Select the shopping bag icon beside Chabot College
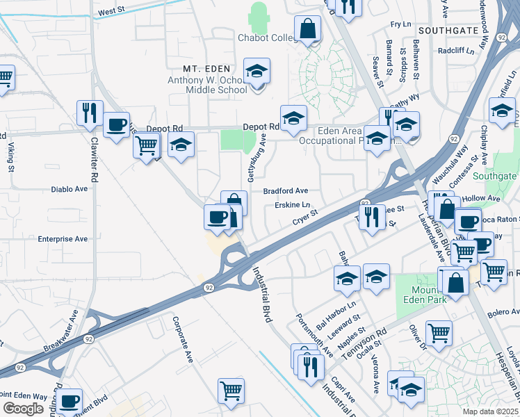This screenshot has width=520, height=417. [x=307, y=30]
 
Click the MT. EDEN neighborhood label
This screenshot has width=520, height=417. [x=206, y=69]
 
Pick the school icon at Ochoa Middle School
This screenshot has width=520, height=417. [x=257, y=71]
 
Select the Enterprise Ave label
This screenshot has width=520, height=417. [x=63, y=238]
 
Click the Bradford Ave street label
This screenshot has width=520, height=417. [x=285, y=190]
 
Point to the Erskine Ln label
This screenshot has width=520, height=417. [x=292, y=205]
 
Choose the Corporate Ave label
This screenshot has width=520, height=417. [x=181, y=341]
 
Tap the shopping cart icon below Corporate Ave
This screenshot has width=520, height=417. [x=231, y=390]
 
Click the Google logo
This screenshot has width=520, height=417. [x=23, y=409]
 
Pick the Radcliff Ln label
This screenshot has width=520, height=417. [x=460, y=51]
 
